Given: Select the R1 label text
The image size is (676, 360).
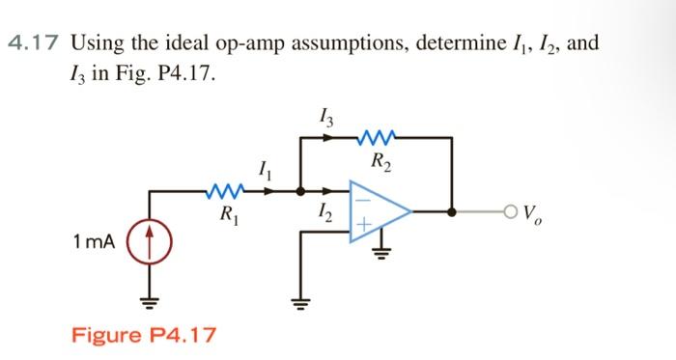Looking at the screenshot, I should pyautogui.click(x=227, y=212).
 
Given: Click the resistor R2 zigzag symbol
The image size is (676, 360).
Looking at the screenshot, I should pyautogui.click(x=375, y=138).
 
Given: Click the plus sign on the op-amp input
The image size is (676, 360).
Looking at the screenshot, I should pyautogui.click(x=363, y=225).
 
